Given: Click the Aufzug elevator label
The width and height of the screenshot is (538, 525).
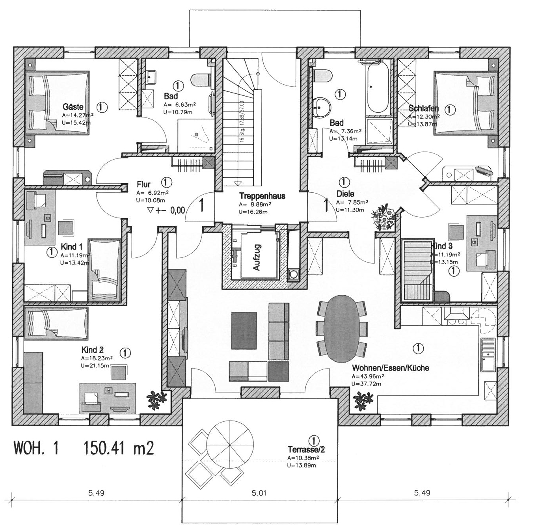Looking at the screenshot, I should click(257, 257).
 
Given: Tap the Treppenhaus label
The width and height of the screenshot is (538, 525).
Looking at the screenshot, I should click(262, 196).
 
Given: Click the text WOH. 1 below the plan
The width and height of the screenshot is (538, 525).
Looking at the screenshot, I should click(36, 448).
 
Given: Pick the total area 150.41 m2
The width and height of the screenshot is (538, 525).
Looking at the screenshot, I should click(119, 448).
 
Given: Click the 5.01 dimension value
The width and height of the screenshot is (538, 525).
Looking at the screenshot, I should click(259, 493).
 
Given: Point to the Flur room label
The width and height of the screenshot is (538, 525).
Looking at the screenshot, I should click(143, 184).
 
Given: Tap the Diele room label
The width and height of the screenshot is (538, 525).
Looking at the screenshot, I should click(345, 194).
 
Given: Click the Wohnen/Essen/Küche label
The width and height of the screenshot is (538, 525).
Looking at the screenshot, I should click(390, 368).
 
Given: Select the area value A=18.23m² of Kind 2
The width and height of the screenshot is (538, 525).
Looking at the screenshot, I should click(97, 359).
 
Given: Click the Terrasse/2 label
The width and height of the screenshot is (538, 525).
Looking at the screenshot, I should click(306, 449).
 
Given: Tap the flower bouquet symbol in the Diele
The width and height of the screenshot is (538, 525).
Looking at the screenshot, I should click(384, 218).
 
